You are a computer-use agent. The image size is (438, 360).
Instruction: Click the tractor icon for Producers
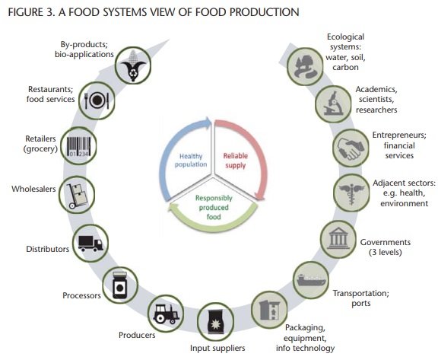coord(166,314)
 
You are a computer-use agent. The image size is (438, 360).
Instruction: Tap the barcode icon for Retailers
coord(79,146)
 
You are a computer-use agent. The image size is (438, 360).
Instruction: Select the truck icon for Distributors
coord(90,244)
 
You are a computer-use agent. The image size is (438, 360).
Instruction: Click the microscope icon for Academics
coord(333,104)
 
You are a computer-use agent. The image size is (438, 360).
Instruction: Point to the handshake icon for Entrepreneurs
coord(351,148)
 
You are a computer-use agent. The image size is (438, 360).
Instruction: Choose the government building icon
coord(338,239)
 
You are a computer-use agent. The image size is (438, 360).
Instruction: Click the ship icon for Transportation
coord(311,280)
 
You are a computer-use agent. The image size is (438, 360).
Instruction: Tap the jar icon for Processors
coord(120,285)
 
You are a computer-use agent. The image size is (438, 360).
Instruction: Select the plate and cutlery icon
coord(97,100)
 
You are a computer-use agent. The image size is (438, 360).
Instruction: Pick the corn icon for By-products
coord(133,66)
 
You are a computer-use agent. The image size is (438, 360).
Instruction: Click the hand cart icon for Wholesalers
coord(76,196)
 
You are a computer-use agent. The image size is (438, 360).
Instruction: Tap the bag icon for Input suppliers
coord(215,322)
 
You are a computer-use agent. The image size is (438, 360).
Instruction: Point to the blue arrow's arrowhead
coord(207,123)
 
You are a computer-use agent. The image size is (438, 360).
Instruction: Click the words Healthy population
coord(191,160)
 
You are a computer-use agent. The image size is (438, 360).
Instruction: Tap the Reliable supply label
coord(236,161)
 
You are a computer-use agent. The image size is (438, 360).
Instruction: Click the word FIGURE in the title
coord(25,12)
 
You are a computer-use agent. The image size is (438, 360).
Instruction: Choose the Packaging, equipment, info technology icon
coord(269,311)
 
